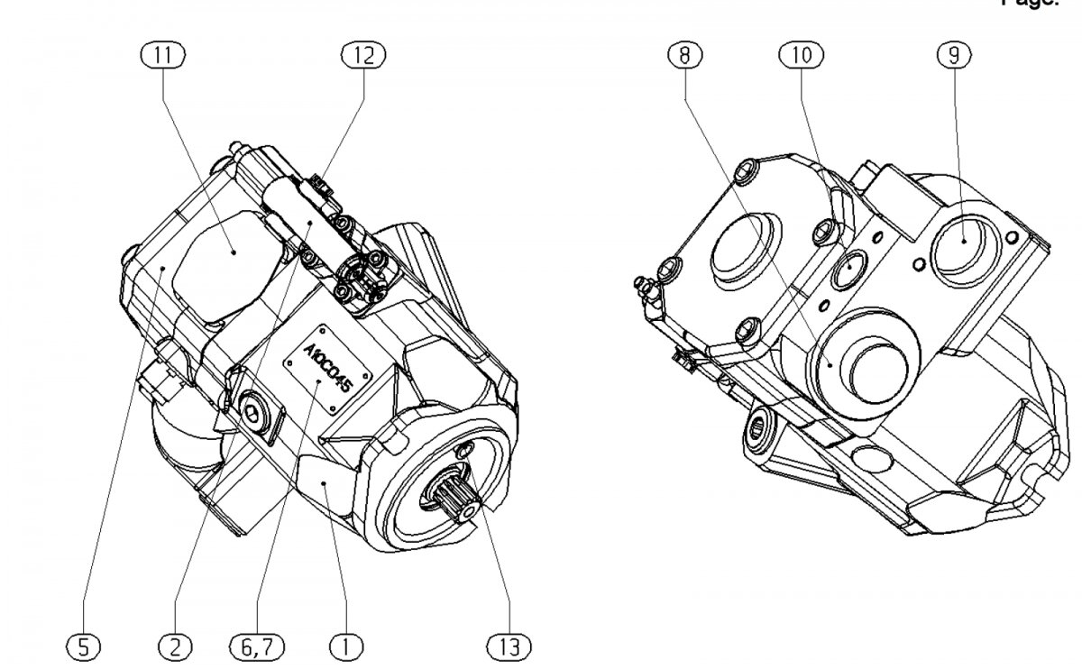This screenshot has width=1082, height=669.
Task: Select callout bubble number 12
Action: (363, 56)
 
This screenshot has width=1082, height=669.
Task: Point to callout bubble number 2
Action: (175, 646)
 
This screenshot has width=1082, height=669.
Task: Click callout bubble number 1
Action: (344, 646)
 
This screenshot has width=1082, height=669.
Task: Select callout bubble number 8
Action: (685, 56)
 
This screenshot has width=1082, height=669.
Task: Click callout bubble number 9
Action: (954, 56)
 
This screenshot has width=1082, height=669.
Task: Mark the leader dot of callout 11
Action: (234, 253)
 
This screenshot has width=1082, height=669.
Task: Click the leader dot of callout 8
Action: (830, 364)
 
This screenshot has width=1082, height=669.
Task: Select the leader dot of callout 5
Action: (162, 268)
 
